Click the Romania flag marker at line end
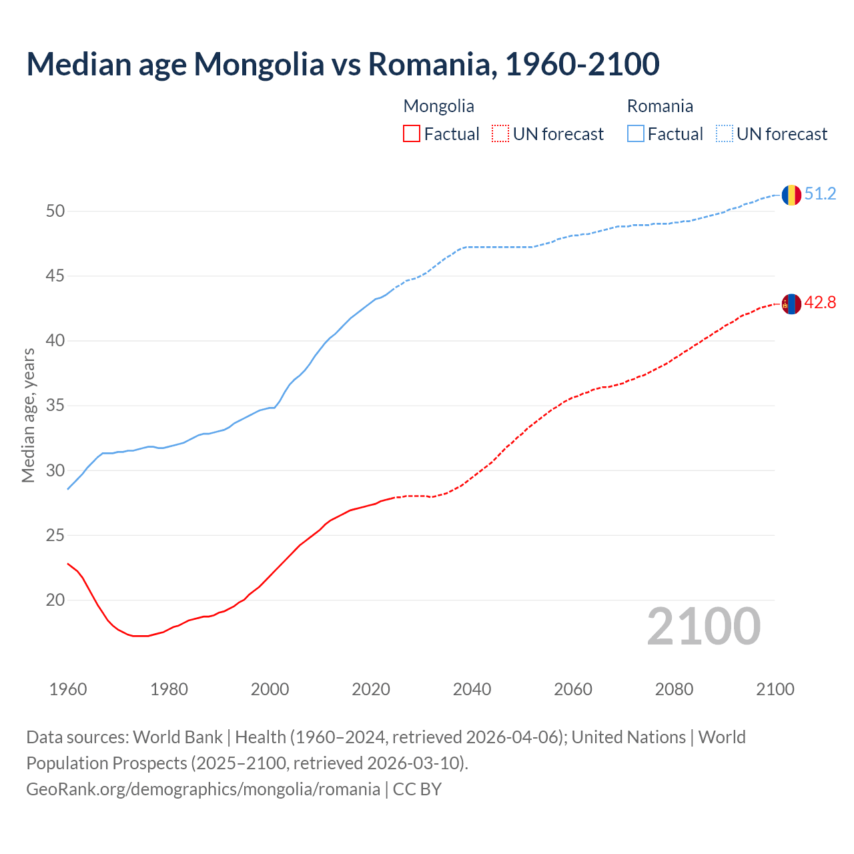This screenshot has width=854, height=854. [791, 195]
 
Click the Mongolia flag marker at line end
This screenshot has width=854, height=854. [791, 304]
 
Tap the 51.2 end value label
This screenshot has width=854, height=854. [820, 194]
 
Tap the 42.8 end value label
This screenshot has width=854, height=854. [820, 303]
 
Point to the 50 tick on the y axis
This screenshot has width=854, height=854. [55, 211]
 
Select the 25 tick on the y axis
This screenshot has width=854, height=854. [55, 535]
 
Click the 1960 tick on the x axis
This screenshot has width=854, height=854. [68, 689]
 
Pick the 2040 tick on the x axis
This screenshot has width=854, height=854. [472, 689]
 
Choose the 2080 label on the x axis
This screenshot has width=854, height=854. [674, 689]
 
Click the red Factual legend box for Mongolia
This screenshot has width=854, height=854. [412, 134]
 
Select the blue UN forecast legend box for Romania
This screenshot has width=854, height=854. [725, 134]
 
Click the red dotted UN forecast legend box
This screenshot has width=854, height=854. [500, 134]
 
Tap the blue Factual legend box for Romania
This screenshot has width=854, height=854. [636, 134]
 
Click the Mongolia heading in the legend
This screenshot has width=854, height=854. [438, 106]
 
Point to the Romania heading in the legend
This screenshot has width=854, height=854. [660, 106]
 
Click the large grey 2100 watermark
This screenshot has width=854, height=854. [703, 626]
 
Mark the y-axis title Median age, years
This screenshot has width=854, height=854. [28, 415]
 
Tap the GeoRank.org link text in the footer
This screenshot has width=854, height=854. [203, 789]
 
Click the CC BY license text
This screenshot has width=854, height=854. [417, 789]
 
